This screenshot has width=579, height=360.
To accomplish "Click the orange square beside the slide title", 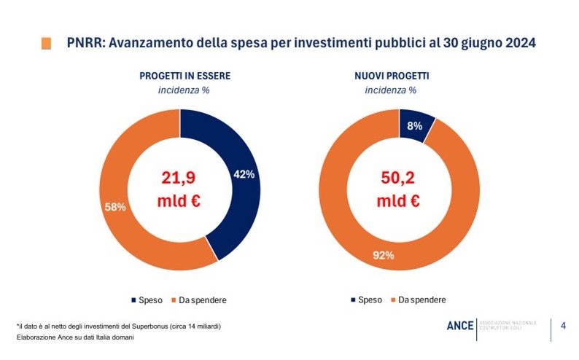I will click(x=47, y=43).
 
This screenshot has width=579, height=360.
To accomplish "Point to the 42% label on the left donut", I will click(x=244, y=174).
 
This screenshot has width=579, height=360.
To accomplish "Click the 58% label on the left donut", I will click(x=115, y=207).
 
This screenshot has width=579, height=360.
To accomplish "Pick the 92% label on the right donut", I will click(x=383, y=255).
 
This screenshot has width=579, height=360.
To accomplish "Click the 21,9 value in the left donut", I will click(x=179, y=177).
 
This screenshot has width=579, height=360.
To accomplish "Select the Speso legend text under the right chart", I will click(x=370, y=300).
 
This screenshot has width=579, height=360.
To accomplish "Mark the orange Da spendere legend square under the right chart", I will click(x=393, y=300).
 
